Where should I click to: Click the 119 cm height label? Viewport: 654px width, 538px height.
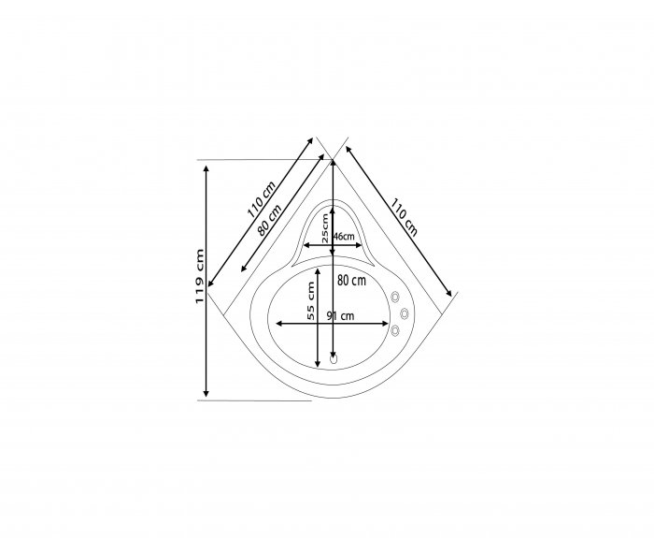click(x=199, y=277)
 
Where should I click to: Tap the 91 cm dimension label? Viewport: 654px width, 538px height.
click(x=340, y=316)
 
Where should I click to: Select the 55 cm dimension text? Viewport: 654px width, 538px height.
click(x=311, y=300)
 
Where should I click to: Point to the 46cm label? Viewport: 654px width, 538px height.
click(x=344, y=237)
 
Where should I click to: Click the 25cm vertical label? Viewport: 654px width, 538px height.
click(x=325, y=228)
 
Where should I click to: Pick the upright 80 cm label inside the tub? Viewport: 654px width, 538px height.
click(x=351, y=281)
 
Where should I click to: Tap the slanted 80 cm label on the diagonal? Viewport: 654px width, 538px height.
click(x=269, y=220)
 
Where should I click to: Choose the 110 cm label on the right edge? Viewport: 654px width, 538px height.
click(x=404, y=217)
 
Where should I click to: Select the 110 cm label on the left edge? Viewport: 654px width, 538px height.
click(x=262, y=200)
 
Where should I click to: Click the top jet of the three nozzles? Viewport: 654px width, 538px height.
click(x=395, y=297)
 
